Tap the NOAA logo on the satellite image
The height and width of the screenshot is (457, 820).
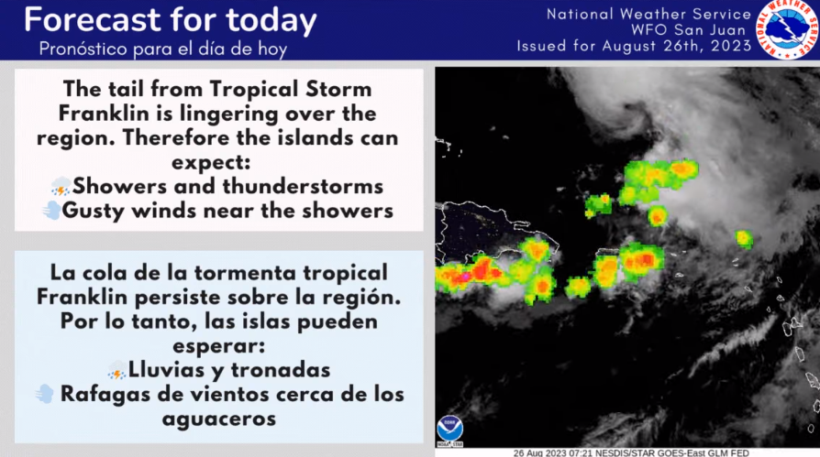point(449,430)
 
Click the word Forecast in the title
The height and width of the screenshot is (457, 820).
point(93,20)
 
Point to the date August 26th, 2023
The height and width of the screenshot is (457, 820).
point(677,46)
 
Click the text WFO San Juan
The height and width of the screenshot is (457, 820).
point(688,30)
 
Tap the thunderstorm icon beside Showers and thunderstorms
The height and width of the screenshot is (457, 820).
point(61,187)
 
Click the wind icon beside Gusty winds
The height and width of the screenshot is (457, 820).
point(51,210)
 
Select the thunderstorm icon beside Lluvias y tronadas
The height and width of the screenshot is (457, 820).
point(116,370)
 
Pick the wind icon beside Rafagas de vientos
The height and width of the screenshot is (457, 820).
point(45,394)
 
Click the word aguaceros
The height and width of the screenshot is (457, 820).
point(219,419)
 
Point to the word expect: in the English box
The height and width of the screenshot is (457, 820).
point(211,162)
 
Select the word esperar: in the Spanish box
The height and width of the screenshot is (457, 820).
point(218,346)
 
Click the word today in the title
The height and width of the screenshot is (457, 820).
point(271,21)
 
